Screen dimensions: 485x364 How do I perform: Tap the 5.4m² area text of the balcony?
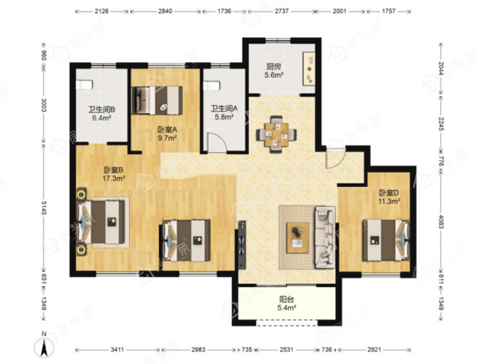[287, 308]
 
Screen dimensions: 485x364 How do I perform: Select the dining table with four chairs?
[276, 134]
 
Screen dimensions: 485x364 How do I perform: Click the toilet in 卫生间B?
[84, 84]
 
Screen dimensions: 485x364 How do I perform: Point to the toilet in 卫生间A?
[212, 86]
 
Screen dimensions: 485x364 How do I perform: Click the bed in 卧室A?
[157, 101]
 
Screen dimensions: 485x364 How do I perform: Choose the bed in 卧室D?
[386, 241]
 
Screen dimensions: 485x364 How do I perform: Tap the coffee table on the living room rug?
[297, 238]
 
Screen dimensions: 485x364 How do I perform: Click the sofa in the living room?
[325, 238]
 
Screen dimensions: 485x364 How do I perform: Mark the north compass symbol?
[44, 345]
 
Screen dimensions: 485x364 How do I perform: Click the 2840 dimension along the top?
[165, 11]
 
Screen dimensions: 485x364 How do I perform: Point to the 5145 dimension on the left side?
[44, 208]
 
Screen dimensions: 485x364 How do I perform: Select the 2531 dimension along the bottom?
[287, 350]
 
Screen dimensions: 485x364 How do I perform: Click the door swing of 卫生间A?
[217, 142]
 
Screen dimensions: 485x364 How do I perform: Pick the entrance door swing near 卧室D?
[335, 158]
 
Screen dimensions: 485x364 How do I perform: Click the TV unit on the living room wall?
[242, 245]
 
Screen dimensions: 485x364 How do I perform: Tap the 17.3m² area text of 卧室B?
[113, 178]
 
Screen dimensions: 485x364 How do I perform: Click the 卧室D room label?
[389, 193]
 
